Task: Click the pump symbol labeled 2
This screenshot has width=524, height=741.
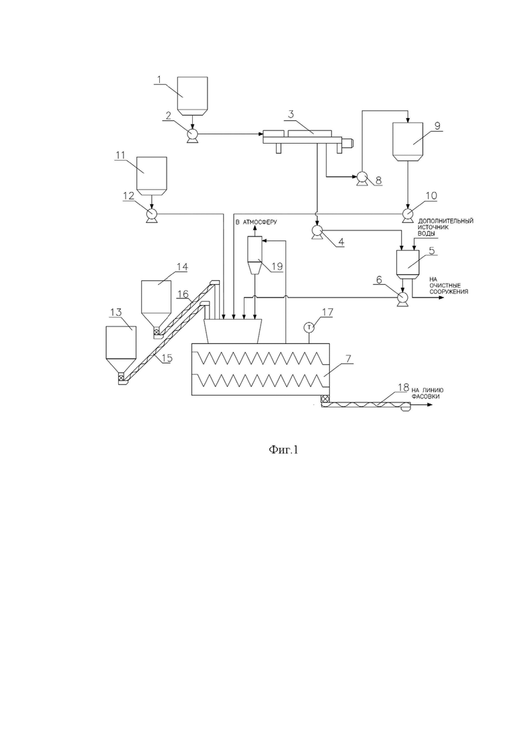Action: tap(192, 135)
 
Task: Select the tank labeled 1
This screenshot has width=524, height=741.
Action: tap(192, 96)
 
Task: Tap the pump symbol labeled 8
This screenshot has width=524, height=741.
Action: tap(362, 177)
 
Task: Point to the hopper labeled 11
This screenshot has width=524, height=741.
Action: tap(151, 176)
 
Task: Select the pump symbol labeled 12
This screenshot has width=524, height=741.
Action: tap(151, 216)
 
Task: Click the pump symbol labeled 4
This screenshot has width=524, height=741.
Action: tap(316, 230)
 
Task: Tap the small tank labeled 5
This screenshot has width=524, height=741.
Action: tap(407, 265)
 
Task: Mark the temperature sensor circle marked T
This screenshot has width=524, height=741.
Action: tap(308, 326)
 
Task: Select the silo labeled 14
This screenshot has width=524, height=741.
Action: tap(155, 307)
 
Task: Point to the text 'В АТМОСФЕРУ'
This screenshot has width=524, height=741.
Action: tap(257, 222)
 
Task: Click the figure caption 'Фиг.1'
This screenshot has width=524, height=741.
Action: tap(283, 449)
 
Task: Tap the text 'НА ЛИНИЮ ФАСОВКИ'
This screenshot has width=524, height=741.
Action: tap(428, 394)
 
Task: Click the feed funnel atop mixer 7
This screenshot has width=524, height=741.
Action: tap(234, 331)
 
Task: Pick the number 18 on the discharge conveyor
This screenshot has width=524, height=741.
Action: tap(403, 388)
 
